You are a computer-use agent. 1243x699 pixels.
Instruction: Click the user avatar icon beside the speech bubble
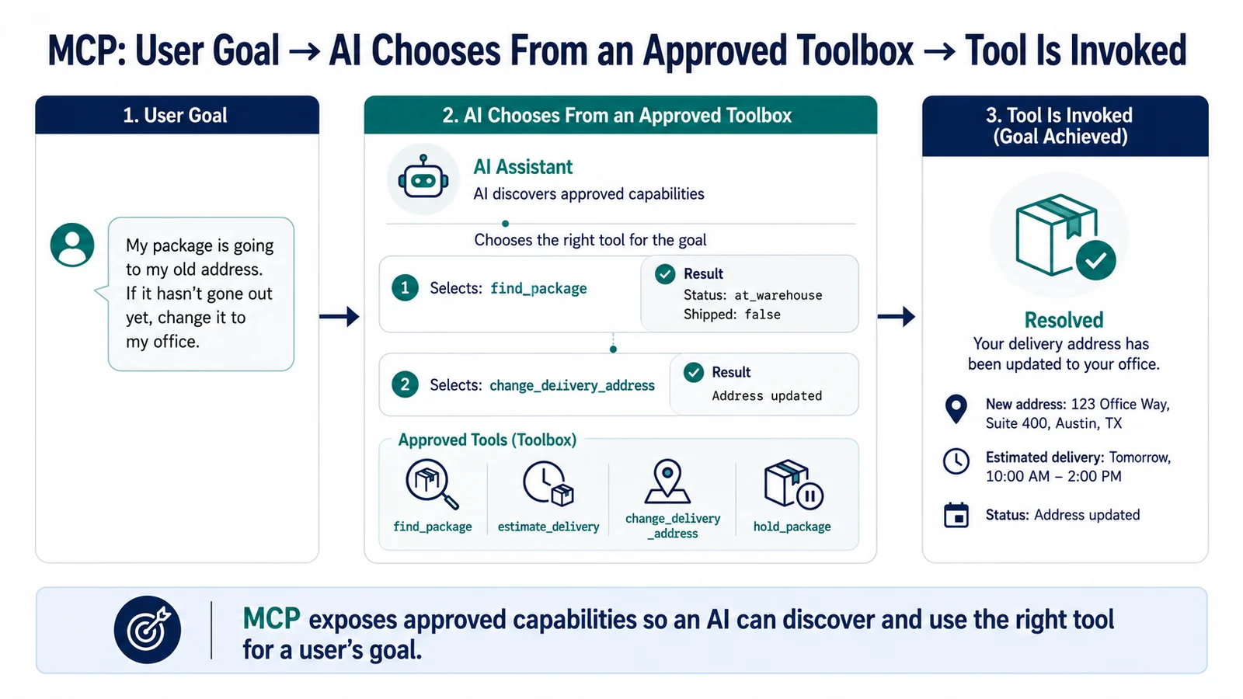(x=72, y=245)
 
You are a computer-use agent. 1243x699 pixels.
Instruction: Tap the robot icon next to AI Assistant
(x=423, y=178)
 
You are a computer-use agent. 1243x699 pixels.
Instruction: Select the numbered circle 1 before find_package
(x=405, y=288)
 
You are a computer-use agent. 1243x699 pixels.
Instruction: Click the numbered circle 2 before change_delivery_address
(x=405, y=384)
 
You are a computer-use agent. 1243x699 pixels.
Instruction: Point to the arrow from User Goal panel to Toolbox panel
(x=339, y=316)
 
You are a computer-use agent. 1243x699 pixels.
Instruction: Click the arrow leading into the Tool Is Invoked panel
(x=897, y=316)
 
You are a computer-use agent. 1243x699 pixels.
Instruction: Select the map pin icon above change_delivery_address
(x=667, y=481)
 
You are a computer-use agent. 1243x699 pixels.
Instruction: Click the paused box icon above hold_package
(x=793, y=485)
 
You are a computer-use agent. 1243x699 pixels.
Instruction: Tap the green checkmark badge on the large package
(x=1096, y=260)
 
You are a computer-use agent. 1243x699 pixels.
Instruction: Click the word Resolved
(x=1064, y=320)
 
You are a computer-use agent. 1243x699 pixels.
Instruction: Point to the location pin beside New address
(x=956, y=409)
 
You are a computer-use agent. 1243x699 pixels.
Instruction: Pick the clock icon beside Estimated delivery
(x=956, y=461)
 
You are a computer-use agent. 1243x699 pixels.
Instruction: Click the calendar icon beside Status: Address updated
(x=956, y=515)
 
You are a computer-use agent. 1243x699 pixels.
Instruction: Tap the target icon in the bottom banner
(x=147, y=630)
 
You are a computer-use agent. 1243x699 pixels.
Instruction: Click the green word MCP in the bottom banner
(x=271, y=619)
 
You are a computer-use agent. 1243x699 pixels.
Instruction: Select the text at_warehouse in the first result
(x=778, y=295)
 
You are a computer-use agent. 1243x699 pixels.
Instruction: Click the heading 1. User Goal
(x=175, y=116)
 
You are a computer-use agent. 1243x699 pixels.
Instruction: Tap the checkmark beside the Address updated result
(x=693, y=372)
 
